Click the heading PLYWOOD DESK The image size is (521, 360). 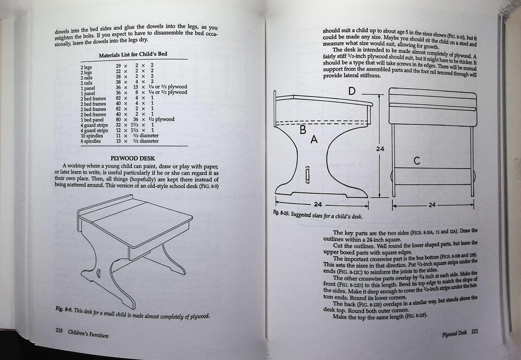[132, 158]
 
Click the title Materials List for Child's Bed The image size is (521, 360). [133, 54]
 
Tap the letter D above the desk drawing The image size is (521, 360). [352, 91]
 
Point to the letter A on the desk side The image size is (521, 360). [314, 140]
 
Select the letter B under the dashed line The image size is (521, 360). [303, 129]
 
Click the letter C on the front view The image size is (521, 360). [417, 161]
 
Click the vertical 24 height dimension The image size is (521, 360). [380, 149]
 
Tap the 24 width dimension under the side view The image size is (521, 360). [318, 204]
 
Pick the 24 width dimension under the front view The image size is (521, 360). [432, 205]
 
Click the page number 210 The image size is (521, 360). [59, 331]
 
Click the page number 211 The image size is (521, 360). [474, 331]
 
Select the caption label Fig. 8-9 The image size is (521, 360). [64, 309]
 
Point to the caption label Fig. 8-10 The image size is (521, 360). [281, 213]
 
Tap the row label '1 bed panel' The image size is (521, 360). [92, 119]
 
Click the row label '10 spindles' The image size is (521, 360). [92, 136]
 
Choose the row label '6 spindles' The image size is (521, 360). [91, 141]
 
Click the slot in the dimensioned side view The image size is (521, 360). [307, 175]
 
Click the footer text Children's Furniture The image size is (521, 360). [88, 333]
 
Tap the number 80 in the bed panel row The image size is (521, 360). [119, 119]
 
